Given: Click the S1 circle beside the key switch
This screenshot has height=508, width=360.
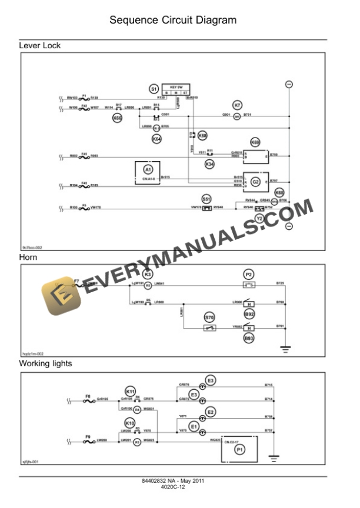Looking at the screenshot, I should click(x=154, y=89).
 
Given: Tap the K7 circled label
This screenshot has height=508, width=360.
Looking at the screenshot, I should click(x=237, y=105).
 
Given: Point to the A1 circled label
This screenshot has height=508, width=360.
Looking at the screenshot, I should click(x=148, y=169).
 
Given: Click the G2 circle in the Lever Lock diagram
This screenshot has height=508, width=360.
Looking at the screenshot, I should click(x=255, y=182).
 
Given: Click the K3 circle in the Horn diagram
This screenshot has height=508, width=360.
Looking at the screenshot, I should click(x=148, y=273).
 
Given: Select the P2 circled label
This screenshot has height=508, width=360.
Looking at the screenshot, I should click(x=249, y=275).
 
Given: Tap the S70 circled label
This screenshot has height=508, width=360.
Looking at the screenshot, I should click(x=209, y=318).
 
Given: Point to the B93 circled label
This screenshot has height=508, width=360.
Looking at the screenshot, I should click(x=249, y=339).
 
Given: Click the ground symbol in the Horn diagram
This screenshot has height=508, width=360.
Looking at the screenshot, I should click(x=286, y=349).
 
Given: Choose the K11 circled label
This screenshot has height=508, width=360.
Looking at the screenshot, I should click(x=131, y=390).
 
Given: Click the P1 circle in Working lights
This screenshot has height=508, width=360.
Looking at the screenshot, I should click(x=239, y=450).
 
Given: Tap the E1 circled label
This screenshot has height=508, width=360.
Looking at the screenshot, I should click(x=194, y=426).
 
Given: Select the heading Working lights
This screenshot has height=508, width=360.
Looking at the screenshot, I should click(x=45, y=363).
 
